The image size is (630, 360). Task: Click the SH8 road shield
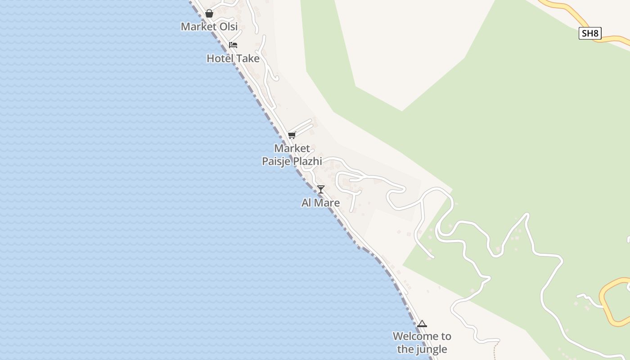click(x=590, y=33)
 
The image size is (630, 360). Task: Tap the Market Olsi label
click(x=209, y=27)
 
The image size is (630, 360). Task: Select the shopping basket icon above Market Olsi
click(x=209, y=13)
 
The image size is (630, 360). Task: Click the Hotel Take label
click(x=233, y=58)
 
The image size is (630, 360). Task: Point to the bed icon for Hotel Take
click(x=233, y=45)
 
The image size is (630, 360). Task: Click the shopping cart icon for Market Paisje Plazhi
click(x=292, y=135)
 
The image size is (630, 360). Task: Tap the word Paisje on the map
click(x=276, y=161)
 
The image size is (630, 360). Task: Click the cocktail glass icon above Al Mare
click(x=320, y=189)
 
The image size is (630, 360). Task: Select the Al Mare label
click(x=320, y=203)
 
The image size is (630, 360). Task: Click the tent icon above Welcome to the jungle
click(x=422, y=324)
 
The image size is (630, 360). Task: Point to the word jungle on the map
click(x=432, y=349)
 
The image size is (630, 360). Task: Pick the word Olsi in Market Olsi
click(x=229, y=27)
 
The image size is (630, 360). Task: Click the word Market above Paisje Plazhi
click(x=292, y=148)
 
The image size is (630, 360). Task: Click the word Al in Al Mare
click(x=307, y=203)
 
